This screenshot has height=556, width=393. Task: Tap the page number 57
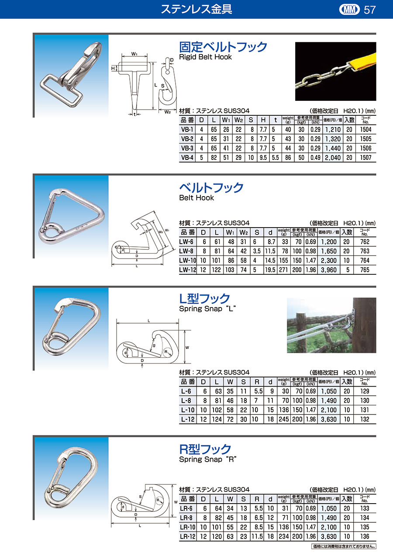pos(370,10)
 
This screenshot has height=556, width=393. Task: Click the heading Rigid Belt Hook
pos(205,57)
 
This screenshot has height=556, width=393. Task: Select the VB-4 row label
pos(187,158)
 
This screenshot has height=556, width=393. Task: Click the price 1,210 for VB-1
pos(333,130)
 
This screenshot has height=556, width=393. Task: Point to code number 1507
pos(365,158)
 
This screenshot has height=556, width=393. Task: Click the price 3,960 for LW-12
pos(329,270)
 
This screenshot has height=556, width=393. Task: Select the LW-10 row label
pos(188,260)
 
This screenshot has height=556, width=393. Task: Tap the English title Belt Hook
pos(196,198)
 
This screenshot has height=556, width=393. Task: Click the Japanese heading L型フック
pos(204,298)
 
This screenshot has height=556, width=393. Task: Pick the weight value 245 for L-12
pos(284,419)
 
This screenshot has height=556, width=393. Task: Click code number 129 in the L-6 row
pos(365,391)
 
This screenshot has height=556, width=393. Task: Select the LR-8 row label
pos(186,518)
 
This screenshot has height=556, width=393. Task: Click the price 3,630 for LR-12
pos(329,536)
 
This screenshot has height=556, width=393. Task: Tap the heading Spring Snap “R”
pos(207,459)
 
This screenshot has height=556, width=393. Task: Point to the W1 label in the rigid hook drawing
pos(134,54)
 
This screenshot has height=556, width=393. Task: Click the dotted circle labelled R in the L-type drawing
pos(167,352)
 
